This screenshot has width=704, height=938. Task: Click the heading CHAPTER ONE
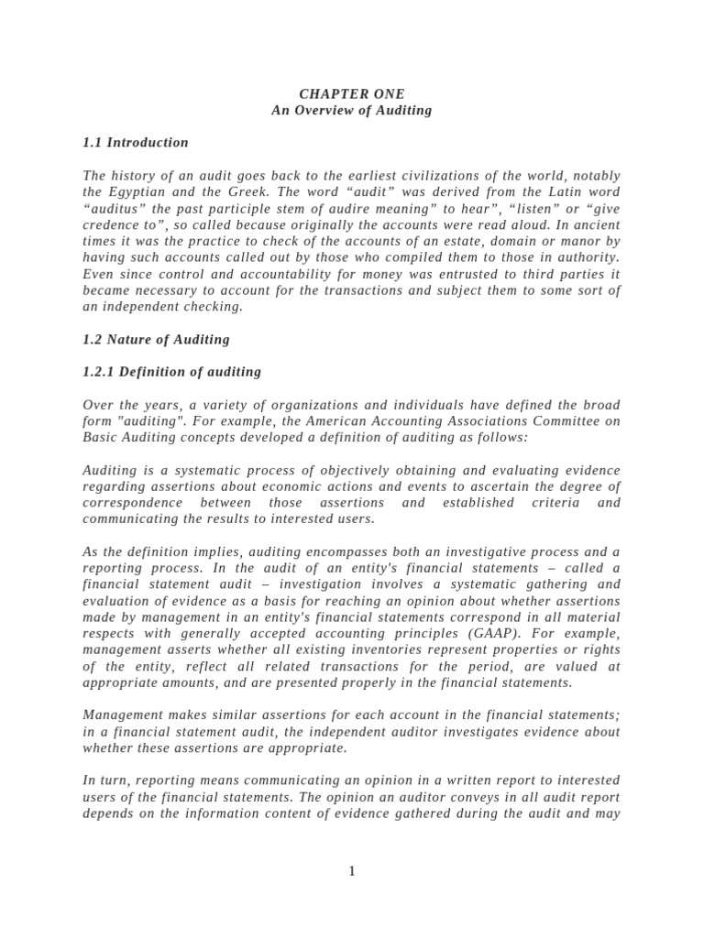(x=351, y=94)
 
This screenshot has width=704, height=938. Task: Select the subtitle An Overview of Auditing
(x=351, y=111)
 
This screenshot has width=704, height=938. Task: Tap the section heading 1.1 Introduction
(x=136, y=143)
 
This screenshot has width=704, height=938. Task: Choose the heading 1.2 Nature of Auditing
(x=156, y=340)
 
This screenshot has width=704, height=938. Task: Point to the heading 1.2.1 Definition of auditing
(x=171, y=372)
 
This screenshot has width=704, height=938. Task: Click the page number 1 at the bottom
(x=352, y=871)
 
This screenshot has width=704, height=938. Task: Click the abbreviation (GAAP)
(x=513, y=634)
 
